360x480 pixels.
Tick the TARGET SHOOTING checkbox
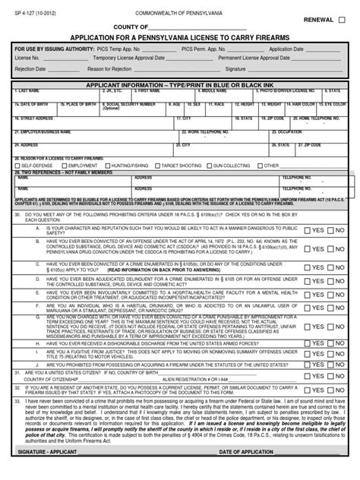[x=156, y=165]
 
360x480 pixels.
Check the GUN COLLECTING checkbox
[x=210, y=165]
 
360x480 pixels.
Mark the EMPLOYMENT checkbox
[x=63, y=165]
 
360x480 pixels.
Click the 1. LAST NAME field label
[x=28, y=90]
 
